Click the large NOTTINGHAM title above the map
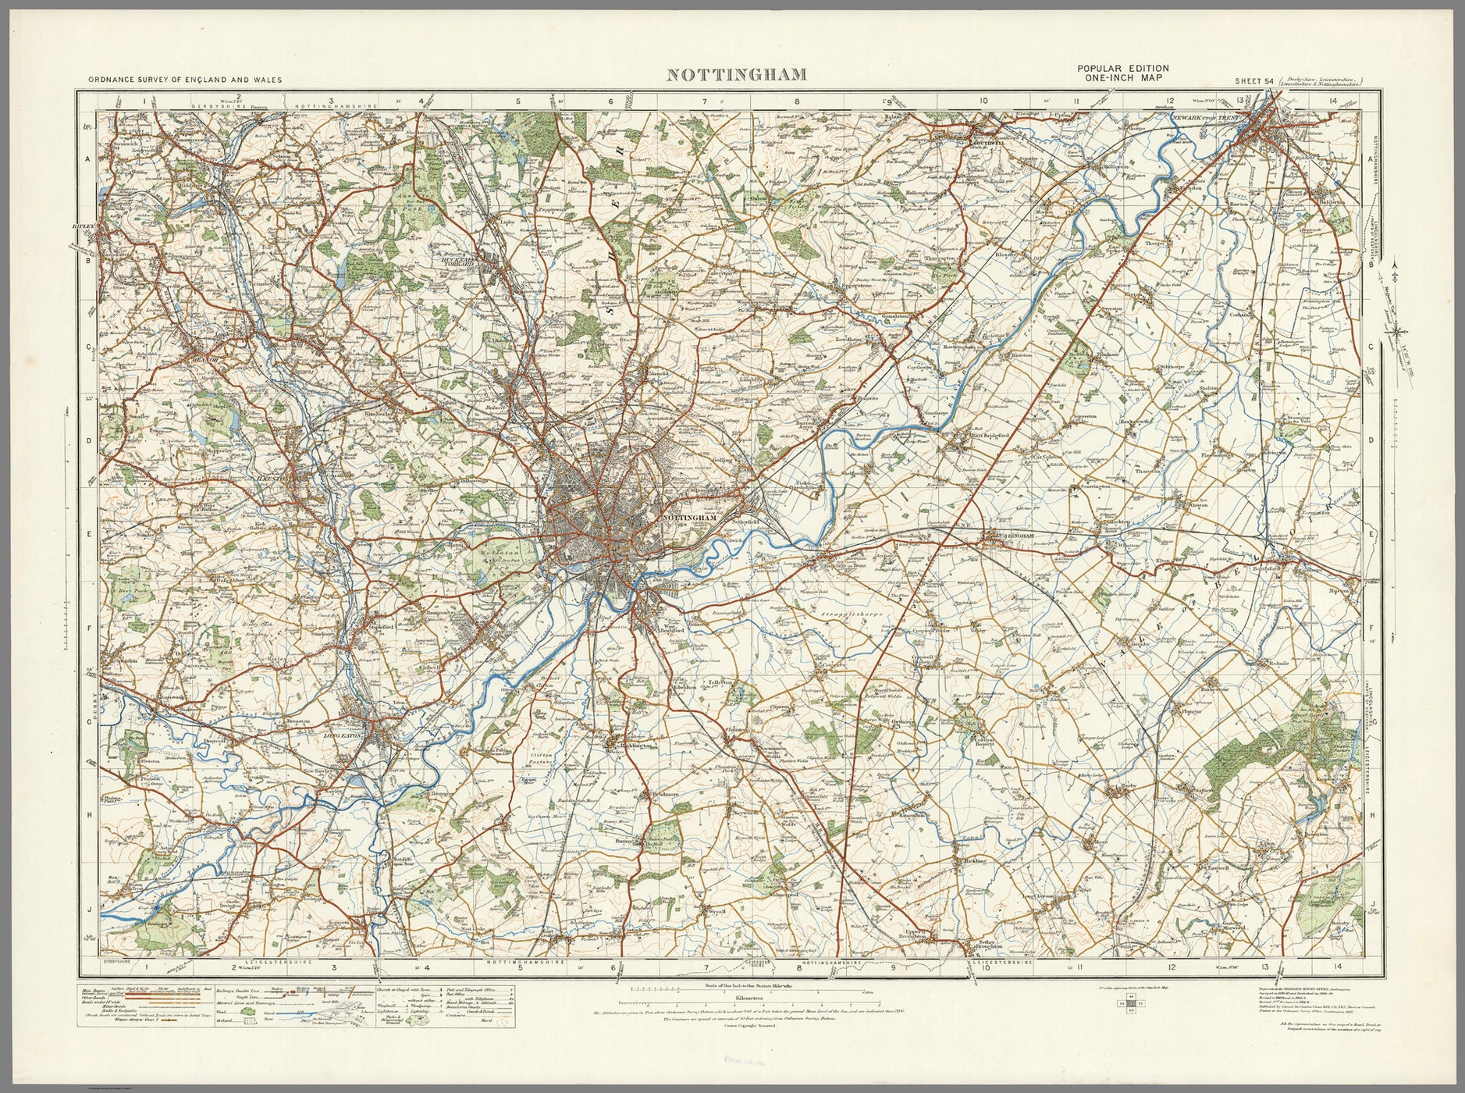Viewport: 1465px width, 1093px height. (736, 75)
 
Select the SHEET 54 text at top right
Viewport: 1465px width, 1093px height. (1253, 80)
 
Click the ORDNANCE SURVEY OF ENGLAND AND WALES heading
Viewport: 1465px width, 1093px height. (185, 80)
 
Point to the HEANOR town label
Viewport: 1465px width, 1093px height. (202, 360)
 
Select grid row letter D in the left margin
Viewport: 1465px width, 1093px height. (88, 440)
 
